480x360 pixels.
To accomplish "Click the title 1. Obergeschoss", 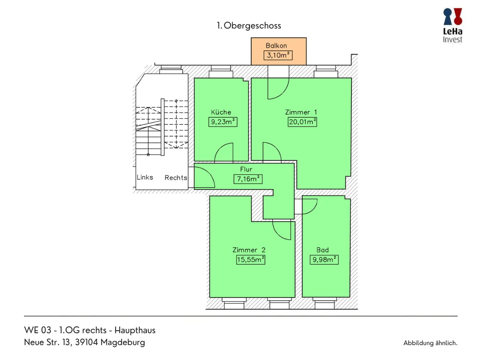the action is point(248,26).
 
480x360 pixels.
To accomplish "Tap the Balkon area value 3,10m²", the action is point(278,55).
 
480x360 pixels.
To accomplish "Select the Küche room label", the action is point(221,112).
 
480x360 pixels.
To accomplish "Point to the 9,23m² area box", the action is point(223,122).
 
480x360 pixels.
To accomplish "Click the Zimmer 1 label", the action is point(301,112).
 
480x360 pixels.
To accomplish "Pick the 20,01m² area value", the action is point(302,122).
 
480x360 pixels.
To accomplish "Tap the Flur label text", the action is point(246,169).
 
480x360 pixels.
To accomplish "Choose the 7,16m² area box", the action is point(248,179).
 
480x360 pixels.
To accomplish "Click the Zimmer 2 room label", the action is point(249,250).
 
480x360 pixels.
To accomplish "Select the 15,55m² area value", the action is point(251,260).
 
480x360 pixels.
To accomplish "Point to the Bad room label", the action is point(323,250).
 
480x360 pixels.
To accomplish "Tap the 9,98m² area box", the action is point(324,260).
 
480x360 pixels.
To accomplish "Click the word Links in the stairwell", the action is point(145,177).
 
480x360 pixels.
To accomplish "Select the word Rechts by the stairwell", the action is point(176,178).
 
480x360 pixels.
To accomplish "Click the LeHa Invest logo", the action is point(453,25).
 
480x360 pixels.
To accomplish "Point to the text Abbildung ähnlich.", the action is point(430,343).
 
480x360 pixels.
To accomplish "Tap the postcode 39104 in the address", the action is point(86,342).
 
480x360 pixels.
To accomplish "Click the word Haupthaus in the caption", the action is point(135,330).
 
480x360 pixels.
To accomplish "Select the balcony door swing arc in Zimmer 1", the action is point(283,93).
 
